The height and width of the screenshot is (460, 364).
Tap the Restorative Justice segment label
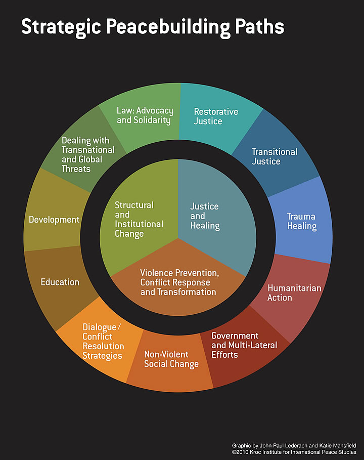click(216, 116)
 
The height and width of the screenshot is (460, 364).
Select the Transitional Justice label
click(275, 156)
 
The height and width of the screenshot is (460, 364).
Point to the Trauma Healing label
click(302, 221)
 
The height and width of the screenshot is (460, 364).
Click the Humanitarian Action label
click(294, 292)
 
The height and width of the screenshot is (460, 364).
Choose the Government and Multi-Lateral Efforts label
click(244, 345)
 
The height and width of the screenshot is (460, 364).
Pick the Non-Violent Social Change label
click(171, 359)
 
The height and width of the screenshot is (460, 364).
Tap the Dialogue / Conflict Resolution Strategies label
click(103, 341)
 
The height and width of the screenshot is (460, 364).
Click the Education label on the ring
click(60, 282)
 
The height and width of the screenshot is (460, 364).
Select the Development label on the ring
click(54, 220)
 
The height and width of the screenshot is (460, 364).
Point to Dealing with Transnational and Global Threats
click(88, 154)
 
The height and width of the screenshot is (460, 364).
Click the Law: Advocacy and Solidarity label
click(145, 115)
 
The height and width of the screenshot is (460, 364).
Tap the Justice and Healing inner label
click(205, 216)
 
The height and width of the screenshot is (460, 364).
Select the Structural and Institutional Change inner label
click(139, 219)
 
